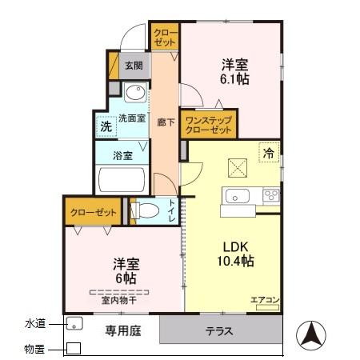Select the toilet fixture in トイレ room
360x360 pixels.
(x=145, y=212)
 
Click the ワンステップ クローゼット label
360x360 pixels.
(x=207, y=122)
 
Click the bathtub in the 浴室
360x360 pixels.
(x=120, y=180)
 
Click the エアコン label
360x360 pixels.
(x=264, y=300)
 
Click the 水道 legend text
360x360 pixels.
(x=34, y=323)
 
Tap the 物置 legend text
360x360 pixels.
(x=34, y=349)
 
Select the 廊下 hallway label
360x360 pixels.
(x=163, y=122)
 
